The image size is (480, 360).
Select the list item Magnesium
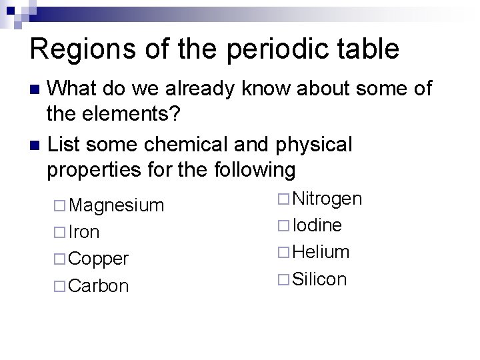(x=116, y=205)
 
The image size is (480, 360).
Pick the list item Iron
(x=84, y=232)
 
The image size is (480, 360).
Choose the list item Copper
(x=99, y=259)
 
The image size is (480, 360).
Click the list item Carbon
(x=99, y=285)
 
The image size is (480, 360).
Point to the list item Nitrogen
(x=327, y=199)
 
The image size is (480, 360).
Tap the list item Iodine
(x=317, y=225)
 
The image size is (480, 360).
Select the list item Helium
(x=321, y=252)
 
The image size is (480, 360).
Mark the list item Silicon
(x=319, y=279)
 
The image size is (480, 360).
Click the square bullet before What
(x=37, y=89)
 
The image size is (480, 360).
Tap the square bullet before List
(x=37, y=144)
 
